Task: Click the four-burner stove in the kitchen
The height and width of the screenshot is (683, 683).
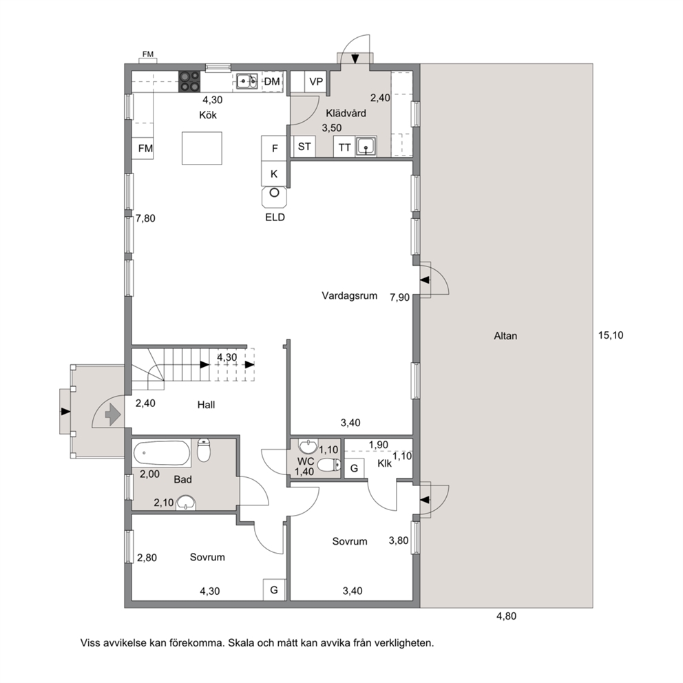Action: coord(189,81)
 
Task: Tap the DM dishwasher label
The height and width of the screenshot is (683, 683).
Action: coord(272,81)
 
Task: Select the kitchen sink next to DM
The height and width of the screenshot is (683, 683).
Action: coord(247,81)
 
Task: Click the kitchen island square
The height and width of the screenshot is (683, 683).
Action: coord(202,148)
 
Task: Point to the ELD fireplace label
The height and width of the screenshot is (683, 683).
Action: coord(275,218)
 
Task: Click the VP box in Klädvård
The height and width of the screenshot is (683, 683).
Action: coord(316,81)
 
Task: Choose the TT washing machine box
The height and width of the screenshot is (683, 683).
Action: coord(344,147)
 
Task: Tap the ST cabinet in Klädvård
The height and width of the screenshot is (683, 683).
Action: coord(304,147)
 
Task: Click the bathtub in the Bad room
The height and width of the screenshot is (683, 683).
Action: coord(162,454)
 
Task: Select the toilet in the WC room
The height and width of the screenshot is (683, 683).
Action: coord(329,465)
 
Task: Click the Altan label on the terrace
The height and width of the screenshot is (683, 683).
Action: coord(506,336)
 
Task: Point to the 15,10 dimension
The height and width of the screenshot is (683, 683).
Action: coord(611,335)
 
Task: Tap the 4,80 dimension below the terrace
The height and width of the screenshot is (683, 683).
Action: coord(506,616)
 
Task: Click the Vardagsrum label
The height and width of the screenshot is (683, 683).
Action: coord(349,296)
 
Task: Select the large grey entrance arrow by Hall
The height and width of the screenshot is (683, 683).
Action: coord(113,414)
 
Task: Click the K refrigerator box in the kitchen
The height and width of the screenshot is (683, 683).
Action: coord(274,174)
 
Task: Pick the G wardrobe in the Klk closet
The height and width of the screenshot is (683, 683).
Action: coord(354,468)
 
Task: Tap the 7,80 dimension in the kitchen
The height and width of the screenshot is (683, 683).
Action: coord(145,218)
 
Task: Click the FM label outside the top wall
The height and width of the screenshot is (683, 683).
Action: coord(148,54)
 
